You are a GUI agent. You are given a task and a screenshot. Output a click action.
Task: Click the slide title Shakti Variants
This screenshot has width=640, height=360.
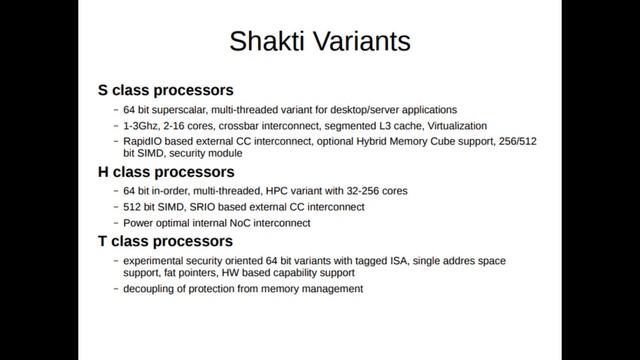tap(319, 43)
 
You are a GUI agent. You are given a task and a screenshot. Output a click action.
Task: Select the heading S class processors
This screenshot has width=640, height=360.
tap(165, 90)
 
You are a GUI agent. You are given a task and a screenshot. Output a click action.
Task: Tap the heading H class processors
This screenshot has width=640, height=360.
tap(166, 172)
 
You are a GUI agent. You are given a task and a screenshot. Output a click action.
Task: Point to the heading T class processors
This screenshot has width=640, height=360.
tap(165, 241)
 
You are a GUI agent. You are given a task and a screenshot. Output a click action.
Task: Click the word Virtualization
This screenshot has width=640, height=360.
tap(448, 126)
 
